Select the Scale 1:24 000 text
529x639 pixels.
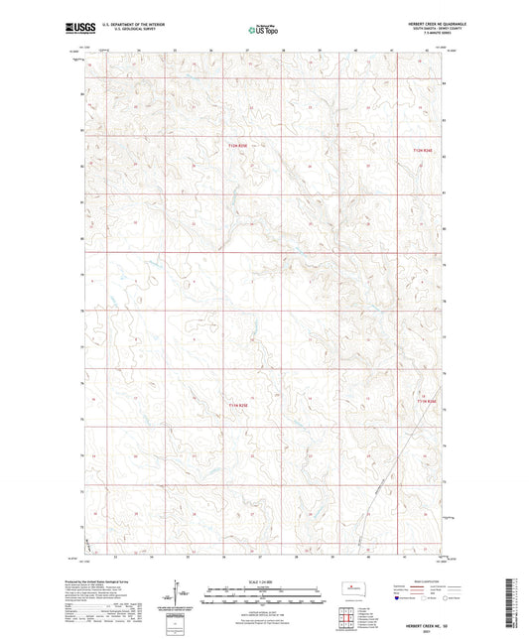[x=264, y=580]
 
